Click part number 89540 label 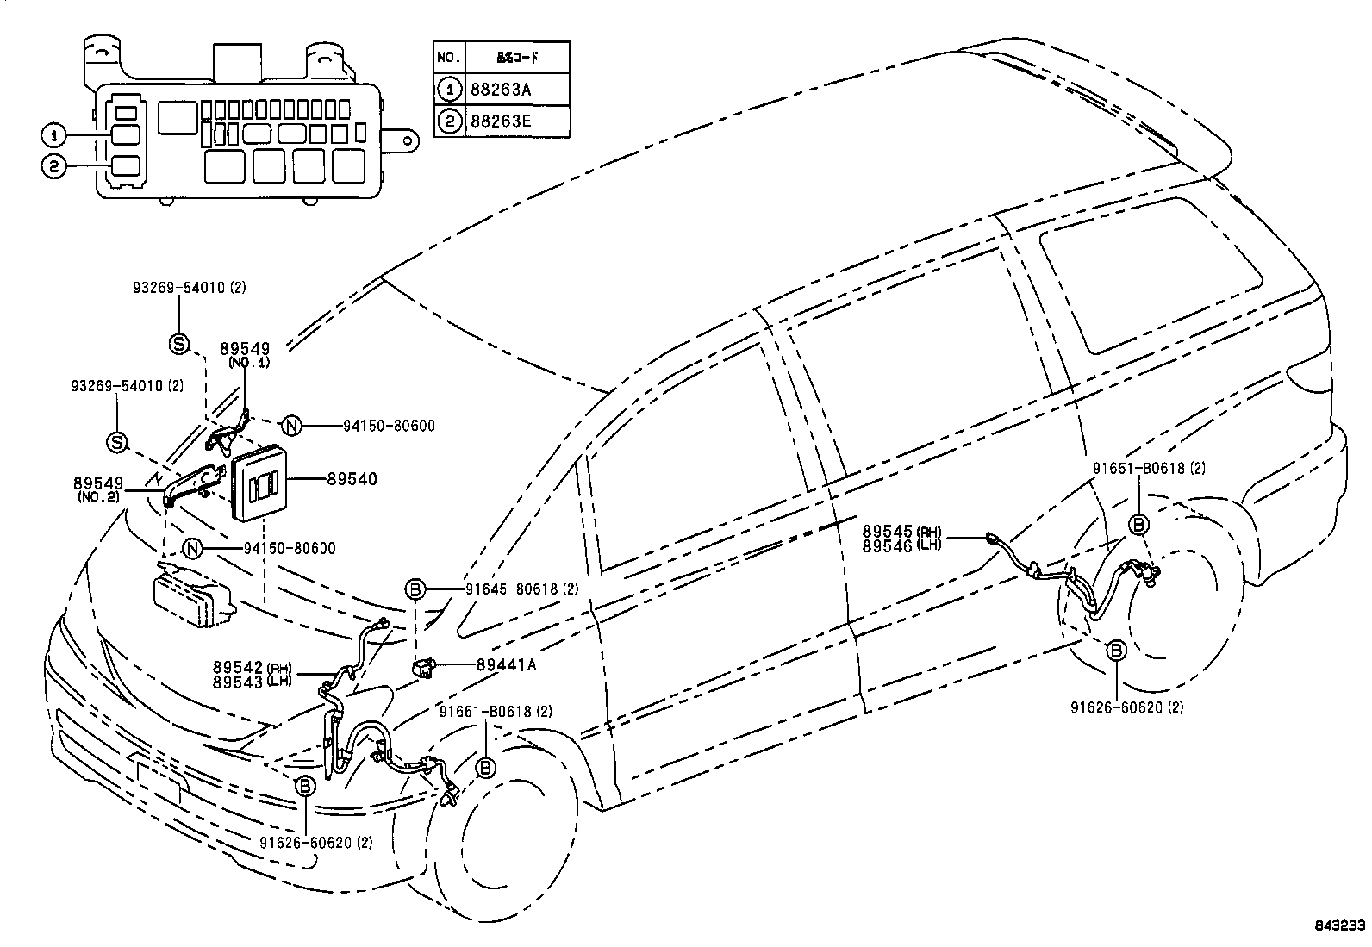pyautogui.click(x=352, y=479)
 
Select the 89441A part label pyautogui.click(x=506, y=664)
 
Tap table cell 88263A pyautogui.click(x=500, y=89)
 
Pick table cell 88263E pyautogui.click(x=500, y=121)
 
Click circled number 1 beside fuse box pyautogui.click(x=53, y=135)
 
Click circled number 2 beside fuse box pyautogui.click(x=53, y=167)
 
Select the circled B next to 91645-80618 pyautogui.click(x=415, y=589)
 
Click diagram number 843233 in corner pyautogui.click(x=1339, y=926)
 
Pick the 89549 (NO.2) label pyautogui.click(x=97, y=489)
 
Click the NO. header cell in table pyautogui.click(x=448, y=57)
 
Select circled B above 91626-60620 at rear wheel pyautogui.click(x=1116, y=651)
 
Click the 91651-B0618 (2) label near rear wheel pyautogui.click(x=1149, y=469)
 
